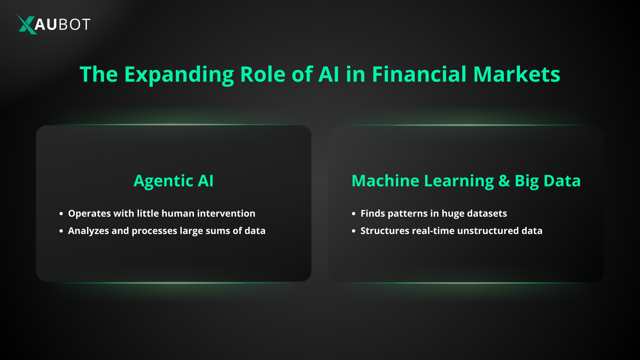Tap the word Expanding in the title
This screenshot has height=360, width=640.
point(179,75)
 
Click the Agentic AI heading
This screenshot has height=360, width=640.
point(173,181)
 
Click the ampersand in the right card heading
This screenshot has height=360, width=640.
point(504,181)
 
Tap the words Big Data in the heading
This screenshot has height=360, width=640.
point(547,181)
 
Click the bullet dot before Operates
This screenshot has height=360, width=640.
point(61,214)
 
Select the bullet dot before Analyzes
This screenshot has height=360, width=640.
point(61,231)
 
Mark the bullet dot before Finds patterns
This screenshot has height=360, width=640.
point(354,214)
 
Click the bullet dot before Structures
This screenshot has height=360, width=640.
point(354,231)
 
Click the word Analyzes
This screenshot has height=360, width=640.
point(88,231)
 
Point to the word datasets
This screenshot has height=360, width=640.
point(487,213)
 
